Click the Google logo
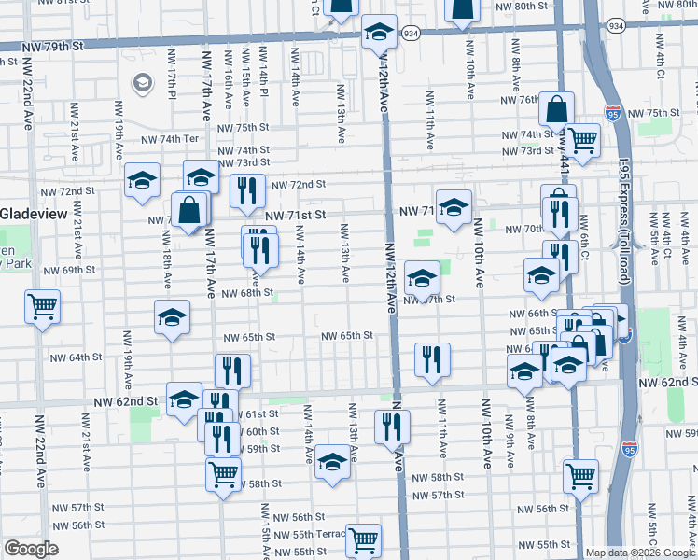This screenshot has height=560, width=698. pyautogui.click(x=31, y=549)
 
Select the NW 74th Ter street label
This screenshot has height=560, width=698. pyautogui.click(x=171, y=139)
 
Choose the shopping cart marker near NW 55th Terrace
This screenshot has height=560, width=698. pyautogui.click(x=363, y=539)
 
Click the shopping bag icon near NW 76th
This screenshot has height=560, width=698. pyautogui.click(x=556, y=110)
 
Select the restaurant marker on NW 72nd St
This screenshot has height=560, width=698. pyautogui.click(x=247, y=191)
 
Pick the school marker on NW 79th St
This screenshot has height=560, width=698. pyautogui.click(x=380, y=33)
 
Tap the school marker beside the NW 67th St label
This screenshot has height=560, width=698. pyautogui.click(x=422, y=277)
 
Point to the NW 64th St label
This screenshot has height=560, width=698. pyautogui.click(x=84, y=357)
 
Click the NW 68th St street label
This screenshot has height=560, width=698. pyautogui.click(x=246, y=293)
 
